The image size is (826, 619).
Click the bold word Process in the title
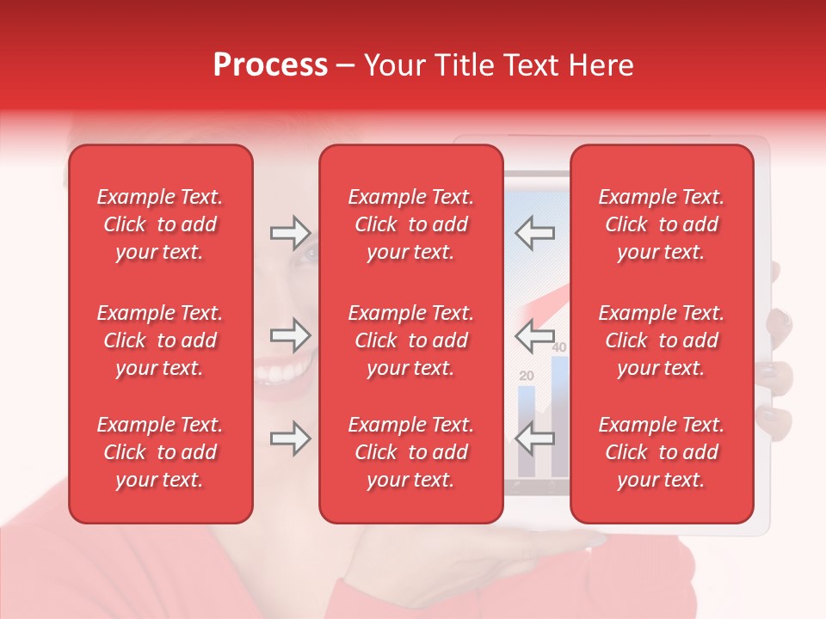tap(270, 64)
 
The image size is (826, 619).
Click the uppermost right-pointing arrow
tap(290, 232)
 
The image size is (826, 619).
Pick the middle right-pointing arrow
tap(290, 335)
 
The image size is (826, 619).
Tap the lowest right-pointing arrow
tap(290, 438)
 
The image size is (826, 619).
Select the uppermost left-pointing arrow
tap(535, 232)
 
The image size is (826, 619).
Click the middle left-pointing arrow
tap(535, 335)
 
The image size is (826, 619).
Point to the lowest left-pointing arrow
tap(535, 438)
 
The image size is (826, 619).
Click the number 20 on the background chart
tap(527, 376)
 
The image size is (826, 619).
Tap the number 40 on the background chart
tap(559, 347)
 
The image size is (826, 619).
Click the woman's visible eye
tap(308, 252)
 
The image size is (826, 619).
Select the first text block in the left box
tap(160, 224)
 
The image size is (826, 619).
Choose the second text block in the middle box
tap(411, 340)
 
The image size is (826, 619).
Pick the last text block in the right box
tap(662, 452)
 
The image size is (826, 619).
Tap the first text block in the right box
tap(662, 224)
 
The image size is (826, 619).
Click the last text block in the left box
tap(160, 452)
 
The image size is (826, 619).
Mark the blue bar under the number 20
tap(527, 430)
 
